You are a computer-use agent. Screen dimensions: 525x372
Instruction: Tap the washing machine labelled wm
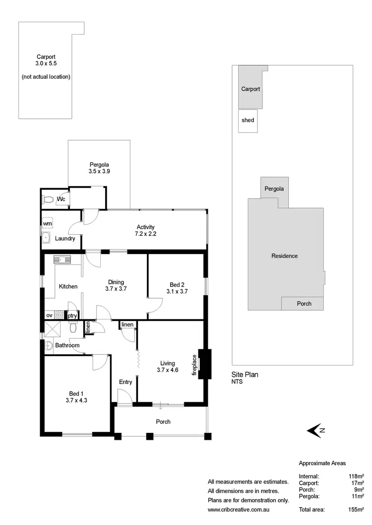coord(48,224)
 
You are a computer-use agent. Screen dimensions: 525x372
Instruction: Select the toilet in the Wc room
coord(48,200)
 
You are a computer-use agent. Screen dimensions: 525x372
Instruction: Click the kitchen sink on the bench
coord(62,259)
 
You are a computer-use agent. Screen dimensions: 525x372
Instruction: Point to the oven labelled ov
coord(49,315)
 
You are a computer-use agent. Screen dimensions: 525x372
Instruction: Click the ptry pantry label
coord(72,315)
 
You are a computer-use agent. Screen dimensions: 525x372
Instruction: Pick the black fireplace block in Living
coord(204,365)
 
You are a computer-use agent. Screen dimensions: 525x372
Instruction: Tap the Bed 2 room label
coord(177,284)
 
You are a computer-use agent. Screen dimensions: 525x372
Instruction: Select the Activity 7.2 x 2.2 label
coord(145,230)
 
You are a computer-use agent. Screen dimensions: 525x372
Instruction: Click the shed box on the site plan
coord(248,121)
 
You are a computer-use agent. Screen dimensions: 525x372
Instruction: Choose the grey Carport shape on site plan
coord(250,89)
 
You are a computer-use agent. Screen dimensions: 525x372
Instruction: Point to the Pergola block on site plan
coord(274,189)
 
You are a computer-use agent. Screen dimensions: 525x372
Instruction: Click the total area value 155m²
coord(357,509)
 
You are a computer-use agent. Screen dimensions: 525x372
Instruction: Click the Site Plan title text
coord(245,374)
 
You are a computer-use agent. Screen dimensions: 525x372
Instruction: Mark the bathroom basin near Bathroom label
coord(49,345)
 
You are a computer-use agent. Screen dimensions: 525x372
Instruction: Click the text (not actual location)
coord(46,77)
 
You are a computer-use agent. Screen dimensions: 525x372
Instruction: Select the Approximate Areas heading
coord(322,463)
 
